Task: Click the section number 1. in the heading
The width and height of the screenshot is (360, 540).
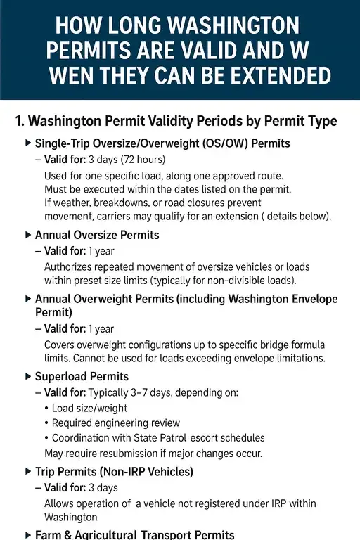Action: [x=22, y=122]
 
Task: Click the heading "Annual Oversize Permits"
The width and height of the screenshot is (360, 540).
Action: [x=97, y=235]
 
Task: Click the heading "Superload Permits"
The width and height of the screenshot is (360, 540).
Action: [x=82, y=377]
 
